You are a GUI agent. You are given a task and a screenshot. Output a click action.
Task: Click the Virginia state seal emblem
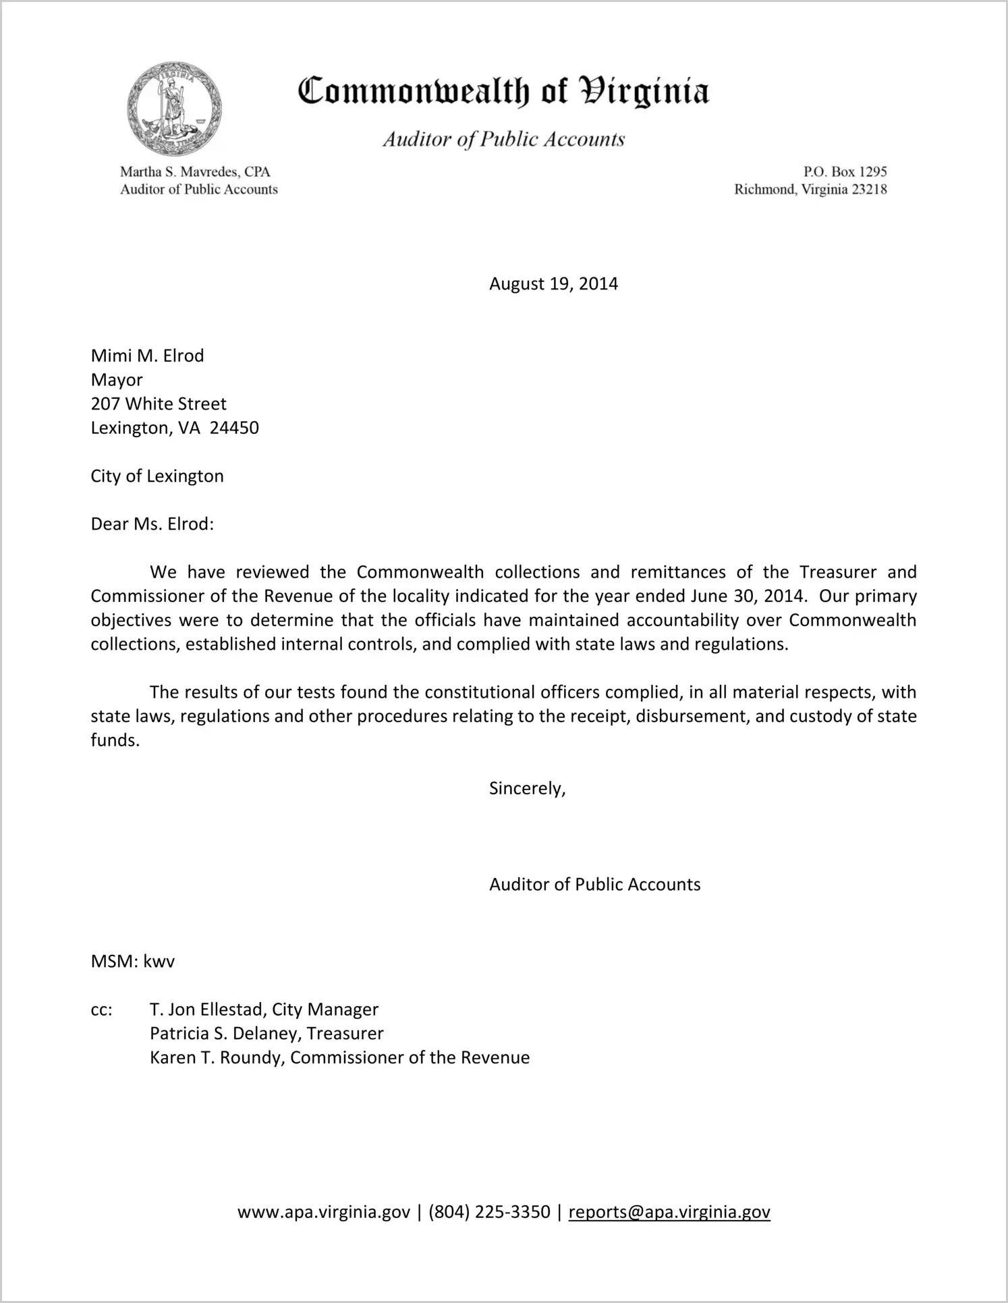pos(174,109)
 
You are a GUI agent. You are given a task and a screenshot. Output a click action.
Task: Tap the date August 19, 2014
pos(553,283)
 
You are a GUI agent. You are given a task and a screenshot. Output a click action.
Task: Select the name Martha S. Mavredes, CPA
pos(195,172)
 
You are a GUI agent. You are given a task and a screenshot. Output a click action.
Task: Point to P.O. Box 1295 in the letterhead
pos(845,172)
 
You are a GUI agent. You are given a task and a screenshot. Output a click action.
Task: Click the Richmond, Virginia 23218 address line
pos(810,190)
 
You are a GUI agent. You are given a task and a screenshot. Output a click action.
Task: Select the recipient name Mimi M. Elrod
pos(147,356)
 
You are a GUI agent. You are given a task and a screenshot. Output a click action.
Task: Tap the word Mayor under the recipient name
pos(117,380)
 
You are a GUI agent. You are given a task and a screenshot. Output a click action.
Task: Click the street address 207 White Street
pos(159,404)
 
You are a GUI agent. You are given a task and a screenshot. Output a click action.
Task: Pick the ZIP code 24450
pos(234,428)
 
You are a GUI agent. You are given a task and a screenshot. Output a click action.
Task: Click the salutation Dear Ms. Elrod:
pos(152,524)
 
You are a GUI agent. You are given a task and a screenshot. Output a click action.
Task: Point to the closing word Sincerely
pos(527,788)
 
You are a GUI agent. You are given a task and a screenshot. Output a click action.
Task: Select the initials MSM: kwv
pos(133,961)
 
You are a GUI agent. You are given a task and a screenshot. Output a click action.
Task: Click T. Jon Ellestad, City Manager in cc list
pos(264,1009)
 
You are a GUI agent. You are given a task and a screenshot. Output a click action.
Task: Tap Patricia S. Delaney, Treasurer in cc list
pos(267,1033)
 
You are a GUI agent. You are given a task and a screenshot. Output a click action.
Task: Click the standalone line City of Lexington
pos(157,476)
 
